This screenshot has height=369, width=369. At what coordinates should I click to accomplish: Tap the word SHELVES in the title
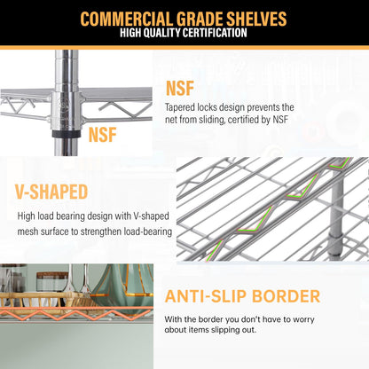click(x=256, y=19)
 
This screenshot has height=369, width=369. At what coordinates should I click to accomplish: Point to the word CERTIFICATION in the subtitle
click(x=210, y=33)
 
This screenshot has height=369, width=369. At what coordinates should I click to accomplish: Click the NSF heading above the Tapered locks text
click(x=180, y=88)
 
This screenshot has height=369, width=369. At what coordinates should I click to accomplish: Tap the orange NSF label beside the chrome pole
click(x=102, y=135)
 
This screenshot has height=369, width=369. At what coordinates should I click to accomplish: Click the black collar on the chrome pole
click(x=67, y=133)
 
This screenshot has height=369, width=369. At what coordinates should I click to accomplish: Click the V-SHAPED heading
click(x=51, y=192)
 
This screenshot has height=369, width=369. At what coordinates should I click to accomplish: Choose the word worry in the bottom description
click(x=303, y=319)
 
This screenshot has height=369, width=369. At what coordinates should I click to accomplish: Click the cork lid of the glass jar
click(x=52, y=276)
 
